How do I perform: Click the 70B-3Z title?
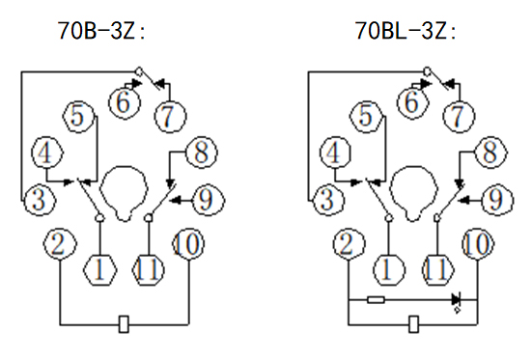(x=101, y=31)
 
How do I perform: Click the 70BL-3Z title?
(x=406, y=31)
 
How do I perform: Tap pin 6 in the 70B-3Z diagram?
(x=125, y=102)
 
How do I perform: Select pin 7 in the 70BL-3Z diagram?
(x=459, y=116)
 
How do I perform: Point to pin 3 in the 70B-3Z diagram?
(x=40, y=199)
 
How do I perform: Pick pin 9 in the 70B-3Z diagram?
(x=207, y=200)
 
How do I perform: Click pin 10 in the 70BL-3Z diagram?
(x=478, y=244)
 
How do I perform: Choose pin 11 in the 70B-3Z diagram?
(x=148, y=270)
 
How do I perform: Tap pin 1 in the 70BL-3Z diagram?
(x=388, y=270)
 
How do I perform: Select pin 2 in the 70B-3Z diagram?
(x=60, y=244)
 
